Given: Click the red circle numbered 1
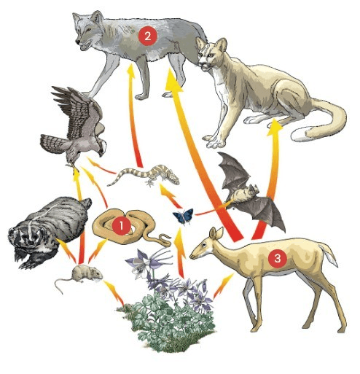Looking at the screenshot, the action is pyautogui.click(x=122, y=226).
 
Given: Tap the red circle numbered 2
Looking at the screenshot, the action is pyautogui.click(x=148, y=36).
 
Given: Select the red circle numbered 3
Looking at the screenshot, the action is pyautogui.click(x=278, y=259).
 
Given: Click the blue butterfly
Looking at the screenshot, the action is pyautogui.click(x=183, y=216).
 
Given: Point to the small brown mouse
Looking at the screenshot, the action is pyautogui.click(x=80, y=276).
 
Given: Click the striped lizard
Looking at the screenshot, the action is pyautogui.click(x=144, y=176).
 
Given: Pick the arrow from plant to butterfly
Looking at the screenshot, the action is pyautogui.click(x=180, y=253).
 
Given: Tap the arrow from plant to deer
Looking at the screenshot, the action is pyautogui.click(x=222, y=286).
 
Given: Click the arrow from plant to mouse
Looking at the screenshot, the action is pyautogui.click(x=114, y=293).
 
